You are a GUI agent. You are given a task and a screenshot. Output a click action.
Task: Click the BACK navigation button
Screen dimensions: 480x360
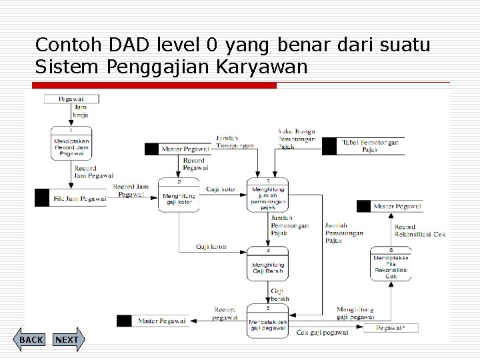click(31, 340)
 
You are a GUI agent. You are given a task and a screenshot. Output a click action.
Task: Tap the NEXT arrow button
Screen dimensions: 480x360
click(67, 340)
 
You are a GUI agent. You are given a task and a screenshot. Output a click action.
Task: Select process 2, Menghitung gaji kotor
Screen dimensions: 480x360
click(179, 195)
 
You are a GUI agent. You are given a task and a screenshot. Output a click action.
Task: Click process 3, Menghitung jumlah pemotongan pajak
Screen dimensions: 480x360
click(268, 195)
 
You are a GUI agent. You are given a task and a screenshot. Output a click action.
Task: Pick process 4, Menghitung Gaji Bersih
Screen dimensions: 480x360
click(268, 264)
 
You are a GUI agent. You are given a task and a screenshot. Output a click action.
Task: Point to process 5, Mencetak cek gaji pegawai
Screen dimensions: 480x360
click(268, 321)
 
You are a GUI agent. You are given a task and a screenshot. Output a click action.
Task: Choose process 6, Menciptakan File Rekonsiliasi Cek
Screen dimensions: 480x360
click(391, 264)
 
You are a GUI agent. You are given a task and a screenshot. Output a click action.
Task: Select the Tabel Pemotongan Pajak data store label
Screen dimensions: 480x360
click(371, 146)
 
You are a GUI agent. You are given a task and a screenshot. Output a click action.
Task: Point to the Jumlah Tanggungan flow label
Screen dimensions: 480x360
click(233, 142)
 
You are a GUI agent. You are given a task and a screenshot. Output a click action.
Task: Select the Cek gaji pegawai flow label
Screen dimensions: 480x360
click(322, 331)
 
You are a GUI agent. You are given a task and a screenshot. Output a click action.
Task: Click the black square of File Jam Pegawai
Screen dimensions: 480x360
click(42, 198)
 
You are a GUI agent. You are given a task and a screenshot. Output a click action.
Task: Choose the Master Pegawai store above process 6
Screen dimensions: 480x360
click(397, 207)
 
